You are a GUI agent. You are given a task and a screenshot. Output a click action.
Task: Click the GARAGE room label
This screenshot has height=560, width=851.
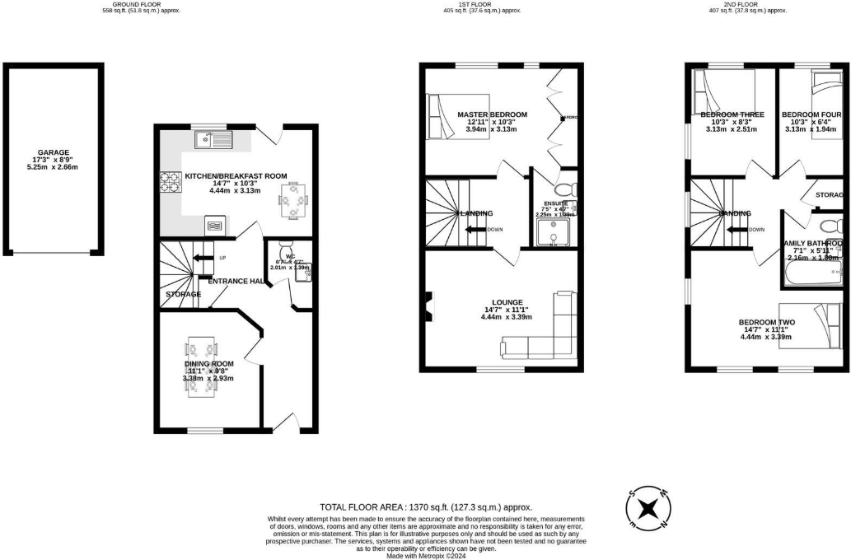51,152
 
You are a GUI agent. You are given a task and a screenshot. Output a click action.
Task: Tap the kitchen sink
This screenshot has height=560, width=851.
213,140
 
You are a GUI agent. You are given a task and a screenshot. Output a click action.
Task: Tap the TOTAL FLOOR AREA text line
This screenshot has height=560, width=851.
425,507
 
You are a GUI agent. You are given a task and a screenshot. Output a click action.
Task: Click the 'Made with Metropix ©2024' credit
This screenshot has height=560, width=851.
425,555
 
